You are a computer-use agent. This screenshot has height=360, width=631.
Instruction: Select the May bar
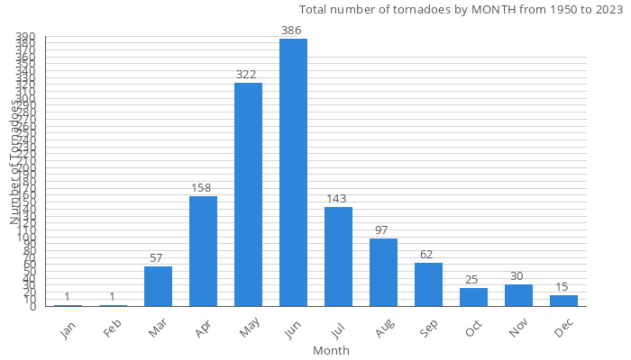coord(248,194)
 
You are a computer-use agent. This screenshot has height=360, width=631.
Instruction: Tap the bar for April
coord(203,251)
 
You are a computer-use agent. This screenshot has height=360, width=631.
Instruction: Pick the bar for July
coord(338,256)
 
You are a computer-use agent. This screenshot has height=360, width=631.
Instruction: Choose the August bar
coord(383,273)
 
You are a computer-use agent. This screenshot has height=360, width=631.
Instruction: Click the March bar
coord(158,286)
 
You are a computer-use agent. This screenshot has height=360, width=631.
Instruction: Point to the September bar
coord(428,284)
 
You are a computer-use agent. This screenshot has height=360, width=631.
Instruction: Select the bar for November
coord(518,295)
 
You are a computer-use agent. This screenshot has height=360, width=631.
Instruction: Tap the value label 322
coord(248,75)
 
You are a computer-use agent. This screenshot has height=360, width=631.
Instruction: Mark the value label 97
coord(383,230)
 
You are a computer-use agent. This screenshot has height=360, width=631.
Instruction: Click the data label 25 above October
coord(473,280)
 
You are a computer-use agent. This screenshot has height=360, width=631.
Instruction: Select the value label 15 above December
coord(563,287)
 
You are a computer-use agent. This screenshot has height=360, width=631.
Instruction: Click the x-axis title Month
coord(331,350)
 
